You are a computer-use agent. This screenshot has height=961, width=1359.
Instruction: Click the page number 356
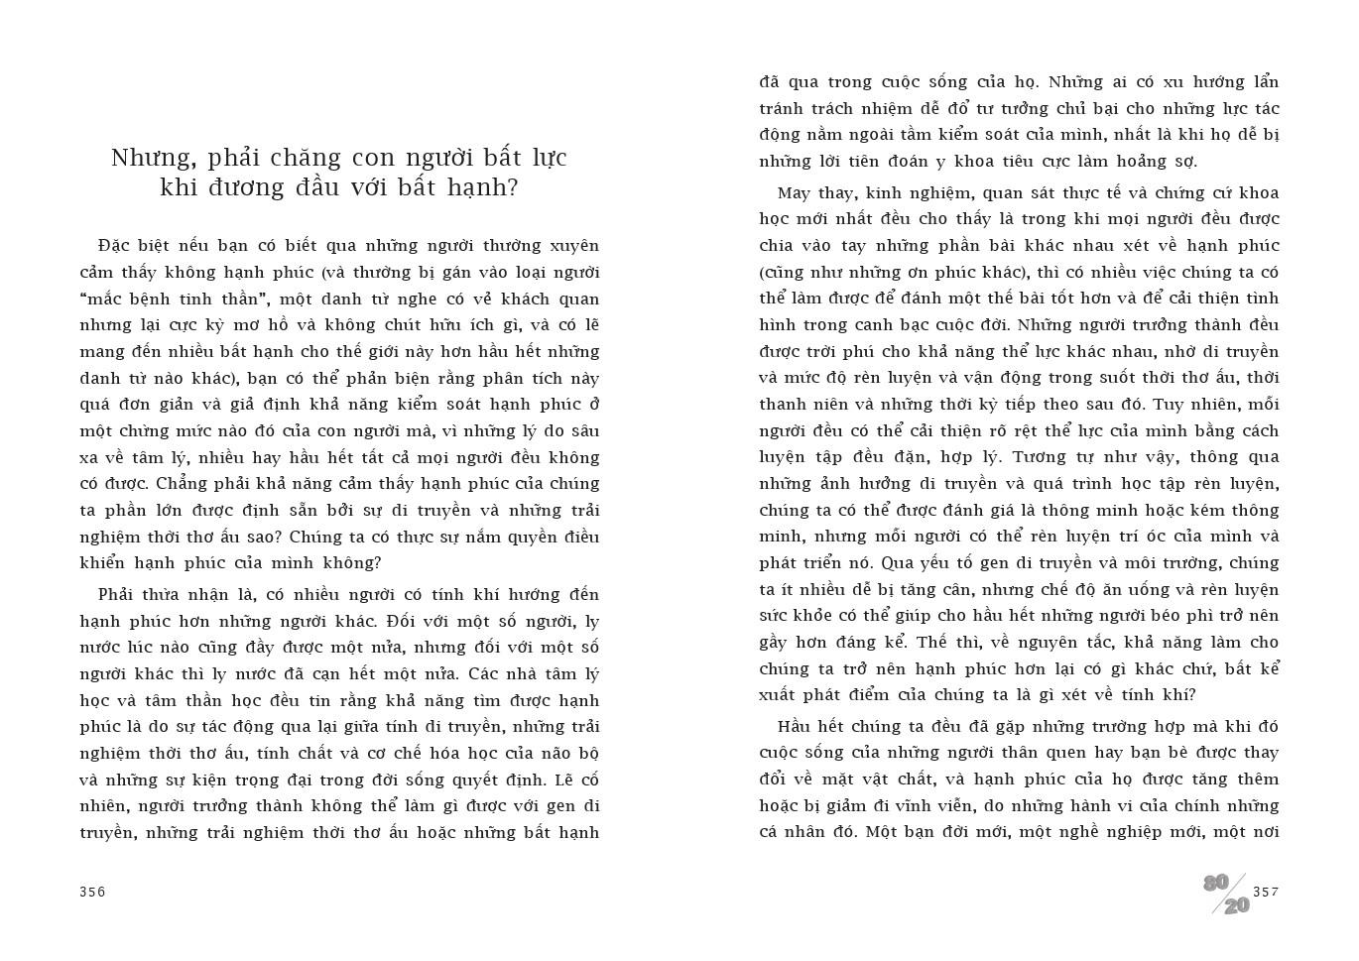point(92,892)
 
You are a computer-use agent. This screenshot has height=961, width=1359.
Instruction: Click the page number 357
point(1266,892)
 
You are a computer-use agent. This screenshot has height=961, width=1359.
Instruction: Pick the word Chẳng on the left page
point(185,484)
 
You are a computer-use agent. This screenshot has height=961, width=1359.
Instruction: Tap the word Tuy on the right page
point(1167,405)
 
